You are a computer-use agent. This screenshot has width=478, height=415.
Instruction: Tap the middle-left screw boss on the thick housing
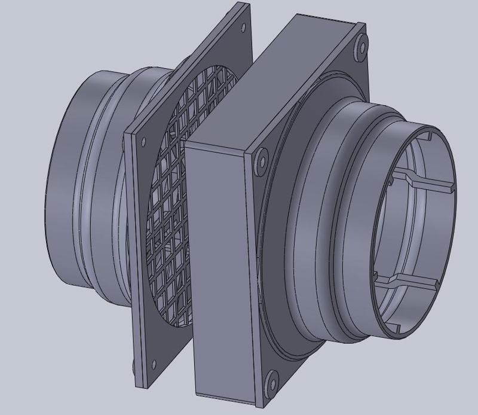pos(261,162)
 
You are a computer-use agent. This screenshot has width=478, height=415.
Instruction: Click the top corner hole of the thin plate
pos(243,28)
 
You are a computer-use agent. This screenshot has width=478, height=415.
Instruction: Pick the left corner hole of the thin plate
pos(143,142)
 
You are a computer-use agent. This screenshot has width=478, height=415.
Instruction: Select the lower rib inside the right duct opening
pos(412,280)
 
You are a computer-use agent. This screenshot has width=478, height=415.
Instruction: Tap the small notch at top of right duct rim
pos(430,135)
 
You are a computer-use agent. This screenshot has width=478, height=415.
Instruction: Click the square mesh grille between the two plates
pos(179,197)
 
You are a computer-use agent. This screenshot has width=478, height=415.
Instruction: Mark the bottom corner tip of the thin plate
pos(141,386)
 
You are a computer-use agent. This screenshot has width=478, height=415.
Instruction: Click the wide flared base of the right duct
pos(311,239)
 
